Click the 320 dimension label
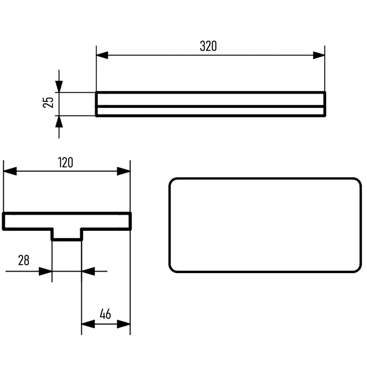tap(208, 46)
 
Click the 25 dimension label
tap(48, 102)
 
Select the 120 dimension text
tap(65, 162)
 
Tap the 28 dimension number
tap(23, 260)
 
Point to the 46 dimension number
tap(105, 314)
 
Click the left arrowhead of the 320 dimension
tap(102, 55)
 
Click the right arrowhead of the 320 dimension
tap(319, 55)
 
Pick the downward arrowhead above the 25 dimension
tap(59, 87)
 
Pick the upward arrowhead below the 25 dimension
tap(59, 121)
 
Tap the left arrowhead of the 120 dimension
tap(10, 171)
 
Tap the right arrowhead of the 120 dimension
tap(124, 171)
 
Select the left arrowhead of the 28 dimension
tap(45, 271)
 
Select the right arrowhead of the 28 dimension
tap(88, 271)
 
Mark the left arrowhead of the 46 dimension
tap(88, 324)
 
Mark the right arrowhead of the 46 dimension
tap(124, 324)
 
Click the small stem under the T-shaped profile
tap(67, 235)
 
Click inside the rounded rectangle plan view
tap(265, 225)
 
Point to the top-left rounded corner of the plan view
tap(172, 181)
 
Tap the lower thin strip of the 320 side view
tap(211, 111)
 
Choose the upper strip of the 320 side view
tap(211, 100)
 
